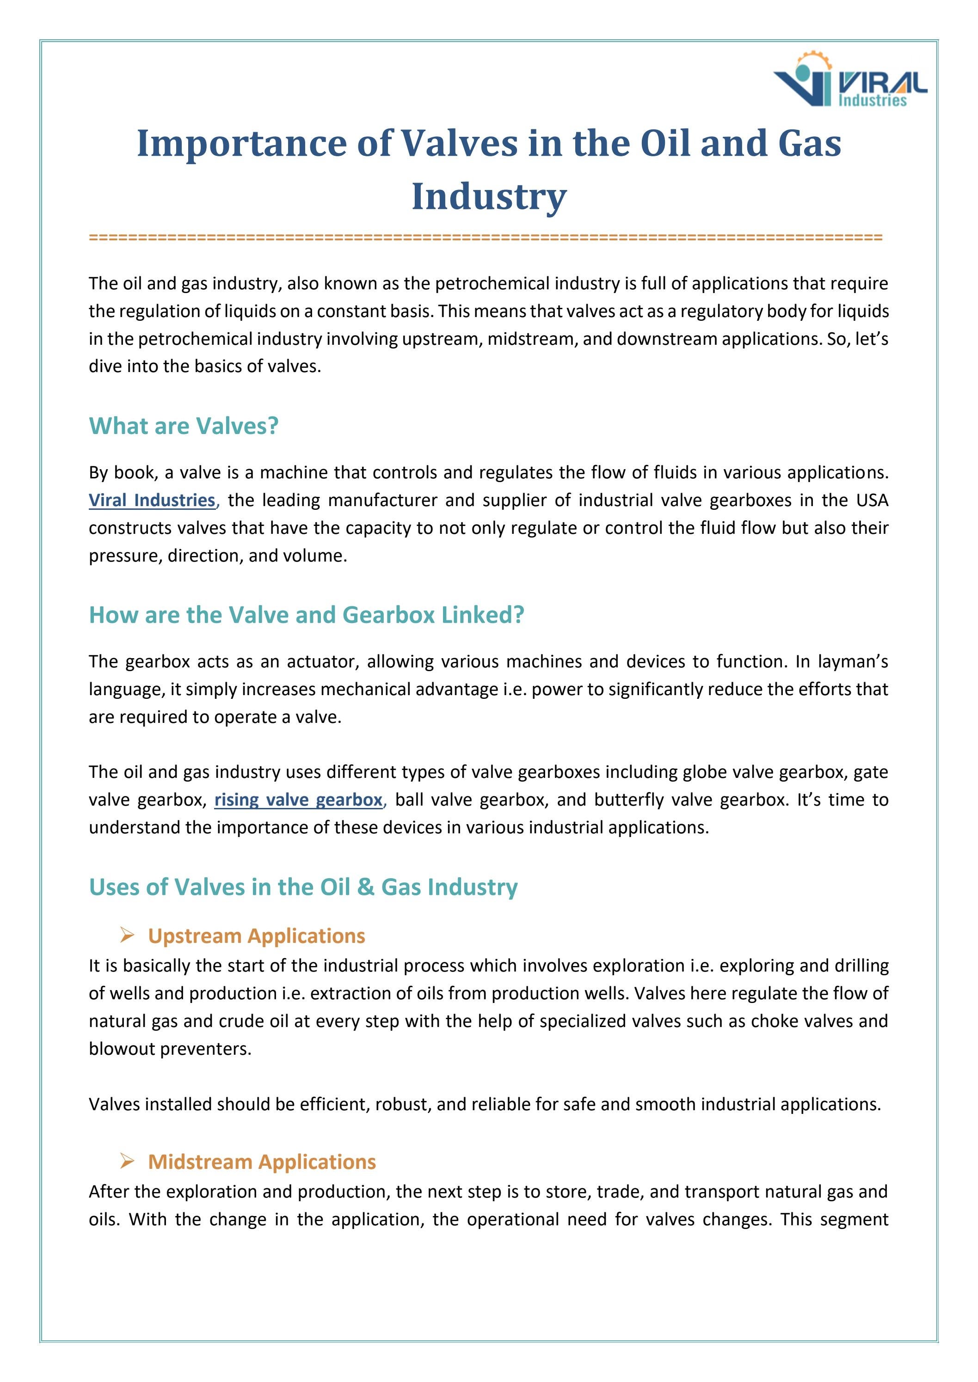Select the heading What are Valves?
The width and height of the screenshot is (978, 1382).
[184, 426]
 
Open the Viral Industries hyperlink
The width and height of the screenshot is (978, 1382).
[152, 500]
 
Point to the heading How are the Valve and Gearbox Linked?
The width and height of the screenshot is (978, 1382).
[307, 615]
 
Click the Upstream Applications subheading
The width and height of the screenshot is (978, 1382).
[257, 936]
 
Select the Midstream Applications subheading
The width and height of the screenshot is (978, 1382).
[262, 1161]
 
